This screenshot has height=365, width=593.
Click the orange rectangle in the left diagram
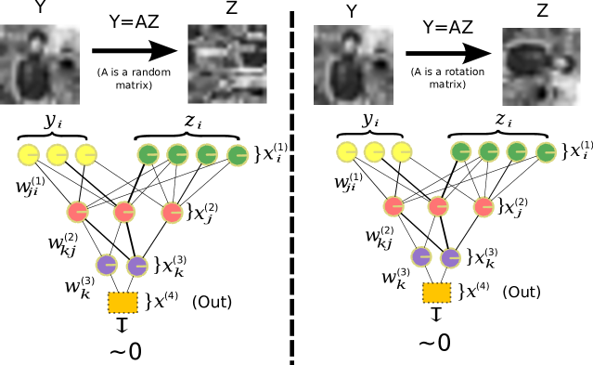coord(122,302)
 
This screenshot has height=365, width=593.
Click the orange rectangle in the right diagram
coord(436,293)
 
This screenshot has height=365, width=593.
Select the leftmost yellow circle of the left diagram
coord(28,155)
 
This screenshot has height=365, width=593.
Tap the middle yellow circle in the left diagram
coord(57,155)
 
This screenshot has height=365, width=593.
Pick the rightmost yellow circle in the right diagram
coord(401,151)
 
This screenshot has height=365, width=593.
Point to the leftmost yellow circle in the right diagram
coord(347,151)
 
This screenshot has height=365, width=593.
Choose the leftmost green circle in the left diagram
coord(148,154)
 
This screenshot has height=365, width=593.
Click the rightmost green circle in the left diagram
coord(237,155)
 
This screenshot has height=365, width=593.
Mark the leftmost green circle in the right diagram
coord(460,151)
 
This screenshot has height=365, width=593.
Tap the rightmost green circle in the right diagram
coord(546,152)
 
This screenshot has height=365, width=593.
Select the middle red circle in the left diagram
coord(123,213)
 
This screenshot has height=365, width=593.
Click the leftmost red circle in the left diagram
coord(77,212)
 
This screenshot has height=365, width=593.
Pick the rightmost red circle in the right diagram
coord(483,207)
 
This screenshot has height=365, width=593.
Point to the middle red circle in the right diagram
coord(437,206)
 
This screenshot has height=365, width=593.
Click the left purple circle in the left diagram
coord(106,265)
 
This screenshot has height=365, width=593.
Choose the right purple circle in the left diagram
coord(136,267)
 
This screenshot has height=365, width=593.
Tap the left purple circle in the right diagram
coord(420,256)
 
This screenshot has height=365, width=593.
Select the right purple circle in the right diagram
coord(450,257)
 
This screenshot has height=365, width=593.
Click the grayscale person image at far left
coord(39,65)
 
